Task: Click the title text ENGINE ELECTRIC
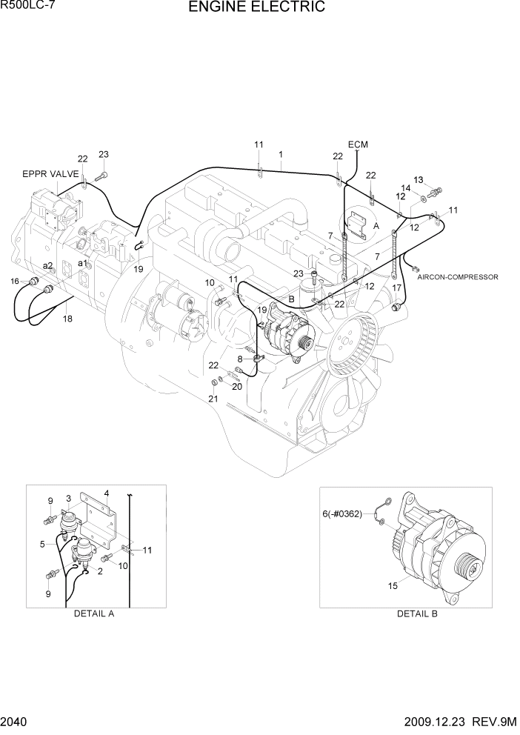click(256, 8)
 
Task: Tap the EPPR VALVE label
click(50, 174)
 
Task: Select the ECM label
click(358, 144)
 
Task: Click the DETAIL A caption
click(94, 613)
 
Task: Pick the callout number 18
click(67, 319)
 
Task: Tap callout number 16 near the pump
click(15, 281)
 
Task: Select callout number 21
click(213, 399)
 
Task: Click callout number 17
click(397, 288)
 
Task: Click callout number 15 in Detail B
click(393, 586)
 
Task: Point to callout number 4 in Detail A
click(107, 493)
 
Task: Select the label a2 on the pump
click(47, 265)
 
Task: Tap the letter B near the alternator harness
click(292, 299)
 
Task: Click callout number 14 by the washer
click(406, 188)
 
